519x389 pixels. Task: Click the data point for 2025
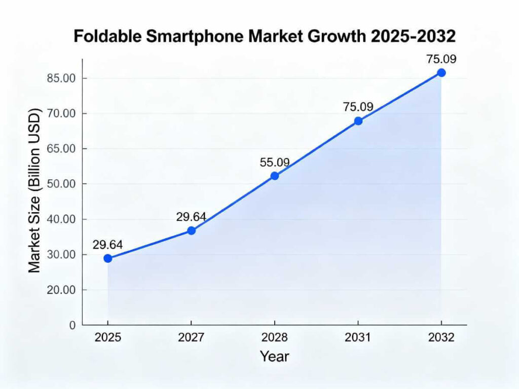pos(108,258)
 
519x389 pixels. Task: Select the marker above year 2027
pos(191,230)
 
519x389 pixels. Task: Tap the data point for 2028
pos(275,176)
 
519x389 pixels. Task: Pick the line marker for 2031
pos(358,121)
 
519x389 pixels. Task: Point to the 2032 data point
pos(441,72)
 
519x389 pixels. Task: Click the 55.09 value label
pos(275,163)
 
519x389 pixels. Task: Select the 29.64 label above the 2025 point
pos(108,245)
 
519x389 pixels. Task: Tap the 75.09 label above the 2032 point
pos(441,59)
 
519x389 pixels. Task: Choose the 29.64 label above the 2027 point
pos(191,217)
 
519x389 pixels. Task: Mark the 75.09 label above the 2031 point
pos(358,107)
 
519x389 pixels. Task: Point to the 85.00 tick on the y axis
pos(60,79)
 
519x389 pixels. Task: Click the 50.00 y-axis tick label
pos(60,184)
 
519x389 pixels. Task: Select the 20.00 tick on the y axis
pos(60,290)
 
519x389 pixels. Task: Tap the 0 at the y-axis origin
pos(73,325)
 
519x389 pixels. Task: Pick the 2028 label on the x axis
pos(275,338)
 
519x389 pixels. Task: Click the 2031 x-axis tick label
pos(358,338)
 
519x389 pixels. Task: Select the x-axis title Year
pos(275,356)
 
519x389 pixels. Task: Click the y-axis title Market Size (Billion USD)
pos(34,190)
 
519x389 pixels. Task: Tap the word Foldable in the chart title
pos(106,36)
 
